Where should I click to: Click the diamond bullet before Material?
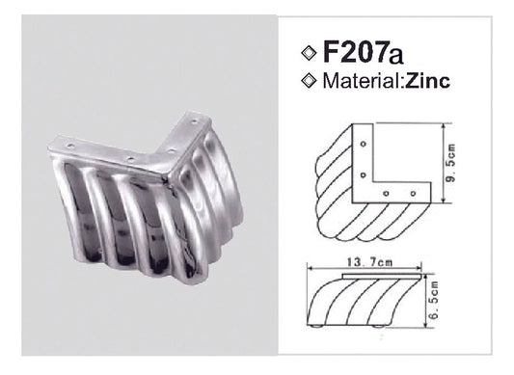point(309,82)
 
